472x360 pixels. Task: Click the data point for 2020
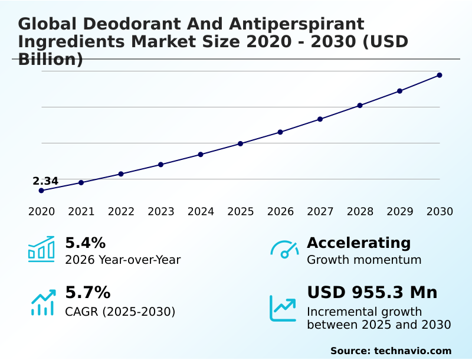point(41,191)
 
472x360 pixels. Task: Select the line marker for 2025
point(241,143)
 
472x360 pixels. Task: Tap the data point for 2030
point(440,75)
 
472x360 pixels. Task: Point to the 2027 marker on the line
point(320,119)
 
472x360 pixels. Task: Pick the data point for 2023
point(161,165)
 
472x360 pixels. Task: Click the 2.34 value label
point(45,181)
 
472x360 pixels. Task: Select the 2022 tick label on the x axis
point(121,212)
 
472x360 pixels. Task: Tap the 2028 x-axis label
point(360,212)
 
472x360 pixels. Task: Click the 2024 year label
point(201,212)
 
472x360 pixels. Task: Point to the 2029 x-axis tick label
point(400,212)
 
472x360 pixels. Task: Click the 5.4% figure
point(85,243)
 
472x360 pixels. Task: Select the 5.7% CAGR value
point(87,293)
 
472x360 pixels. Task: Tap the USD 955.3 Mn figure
point(372,293)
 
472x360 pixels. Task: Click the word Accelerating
point(359,243)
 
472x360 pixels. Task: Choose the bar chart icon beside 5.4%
point(41,250)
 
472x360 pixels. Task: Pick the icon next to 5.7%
point(42,302)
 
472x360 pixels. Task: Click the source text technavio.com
point(412,351)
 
